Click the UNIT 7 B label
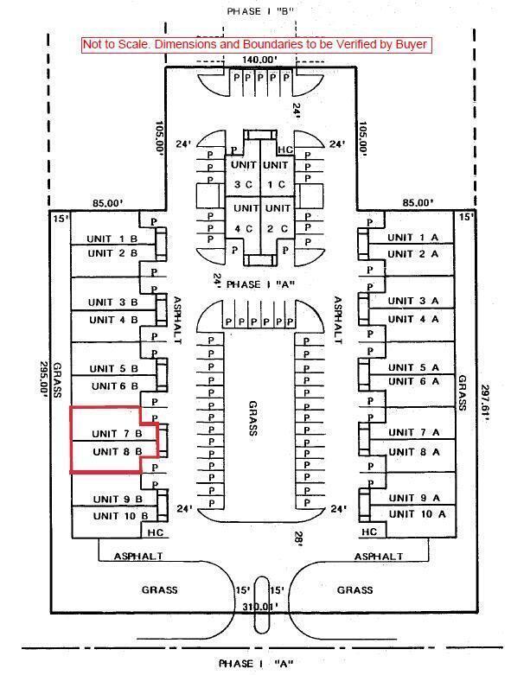(117, 433)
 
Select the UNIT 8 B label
(117, 451)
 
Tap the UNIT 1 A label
(412, 237)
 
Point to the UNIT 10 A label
(417, 514)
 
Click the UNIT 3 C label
(244, 175)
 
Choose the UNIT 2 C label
(278, 219)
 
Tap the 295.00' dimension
(43, 382)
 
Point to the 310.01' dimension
(259, 607)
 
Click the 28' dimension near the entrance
(299, 538)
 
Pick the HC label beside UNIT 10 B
(156, 532)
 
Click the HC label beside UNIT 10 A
(369, 532)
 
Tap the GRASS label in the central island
(252, 418)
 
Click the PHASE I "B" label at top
(260, 11)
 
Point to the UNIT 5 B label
(113, 368)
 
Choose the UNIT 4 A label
(413, 319)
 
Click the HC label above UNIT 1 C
(285, 150)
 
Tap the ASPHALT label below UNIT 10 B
(138, 557)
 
